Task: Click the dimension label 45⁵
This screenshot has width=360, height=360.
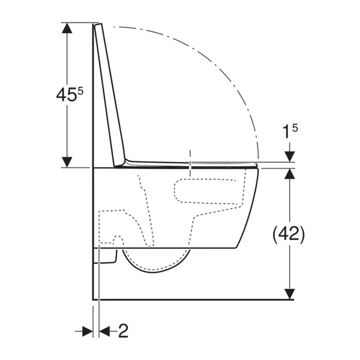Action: coord(70,94)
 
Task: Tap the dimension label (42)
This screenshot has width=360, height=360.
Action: coord(288,234)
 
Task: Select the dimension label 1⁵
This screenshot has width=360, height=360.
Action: coord(290,131)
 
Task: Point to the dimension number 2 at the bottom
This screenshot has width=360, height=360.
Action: coord(124,331)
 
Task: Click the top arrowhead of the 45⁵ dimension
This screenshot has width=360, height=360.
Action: coord(67,28)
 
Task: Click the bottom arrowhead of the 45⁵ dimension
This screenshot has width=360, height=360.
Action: coord(67,162)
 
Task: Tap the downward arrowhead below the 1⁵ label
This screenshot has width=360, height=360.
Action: coord(290,156)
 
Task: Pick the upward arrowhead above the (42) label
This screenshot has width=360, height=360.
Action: coord(290,174)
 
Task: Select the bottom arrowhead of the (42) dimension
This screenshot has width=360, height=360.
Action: coord(290,294)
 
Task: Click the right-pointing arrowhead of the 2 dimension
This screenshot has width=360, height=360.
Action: coord(88,331)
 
